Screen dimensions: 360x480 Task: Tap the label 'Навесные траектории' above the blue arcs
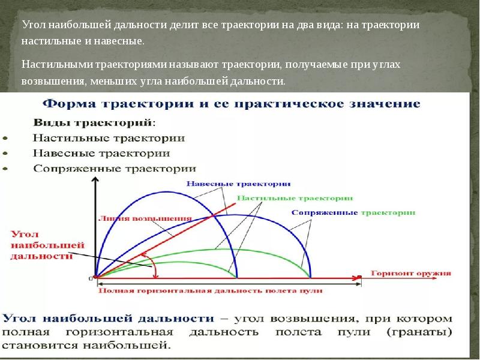pyautogui.click(x=239, y=183)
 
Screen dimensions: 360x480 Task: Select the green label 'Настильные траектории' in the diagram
pyautogui.click(x=295, y=197)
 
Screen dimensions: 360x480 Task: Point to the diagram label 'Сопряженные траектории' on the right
pyautogui.click(x=353, y=212)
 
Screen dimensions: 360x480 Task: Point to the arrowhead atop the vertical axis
pyautogui.click(x=94, y=181)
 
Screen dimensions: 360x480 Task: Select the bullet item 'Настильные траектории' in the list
pyautogui.click(x=109, y=137)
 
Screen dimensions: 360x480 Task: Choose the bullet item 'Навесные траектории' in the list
pyautogui.click(x=101, y=153)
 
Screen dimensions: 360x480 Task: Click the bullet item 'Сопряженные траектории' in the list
pyautogui.click(x=115, y=168)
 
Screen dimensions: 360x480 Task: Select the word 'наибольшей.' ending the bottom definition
pyautogui.click(x=135, y=345)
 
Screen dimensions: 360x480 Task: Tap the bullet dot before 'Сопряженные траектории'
pyautogui.click(x=5, y=169)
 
